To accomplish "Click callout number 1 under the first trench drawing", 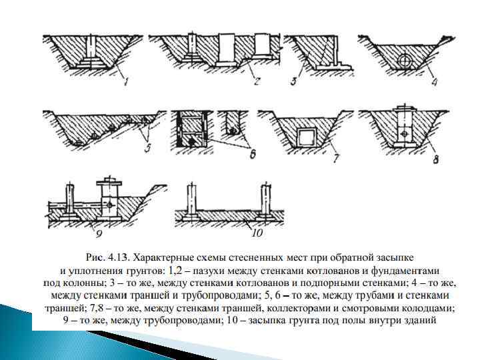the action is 126,82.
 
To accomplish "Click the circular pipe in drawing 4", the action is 404,61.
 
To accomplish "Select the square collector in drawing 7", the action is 307,138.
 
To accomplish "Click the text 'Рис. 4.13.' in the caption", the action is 107,256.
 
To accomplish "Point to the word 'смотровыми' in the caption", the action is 395,309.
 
